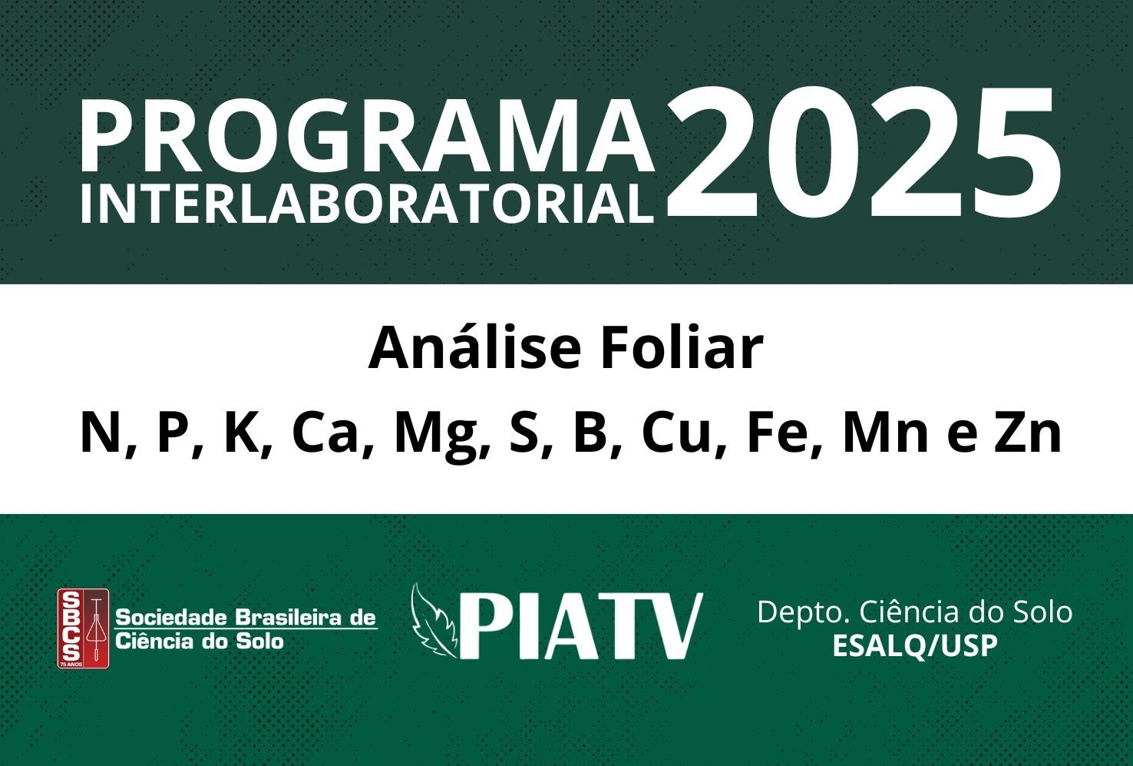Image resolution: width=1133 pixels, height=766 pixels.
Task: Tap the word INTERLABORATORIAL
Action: tap(367, 203)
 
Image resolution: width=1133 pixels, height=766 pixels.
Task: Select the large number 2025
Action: tap(862, 152)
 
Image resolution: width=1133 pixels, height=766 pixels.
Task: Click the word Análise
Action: tap(474, 348)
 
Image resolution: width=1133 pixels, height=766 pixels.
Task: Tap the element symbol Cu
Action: tap(676, 433)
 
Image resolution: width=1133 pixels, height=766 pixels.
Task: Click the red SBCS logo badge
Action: tap(83, 628)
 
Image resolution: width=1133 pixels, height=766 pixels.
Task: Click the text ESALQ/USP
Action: tap(915, 646)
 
